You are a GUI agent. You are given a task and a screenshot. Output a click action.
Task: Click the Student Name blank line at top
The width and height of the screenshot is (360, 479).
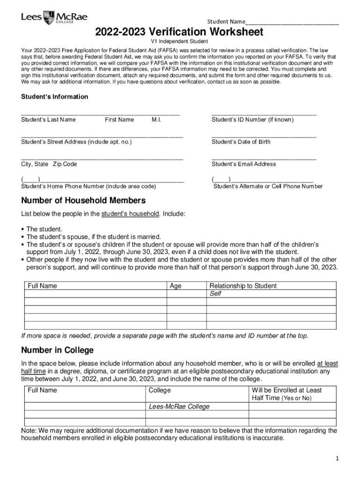point(292,22)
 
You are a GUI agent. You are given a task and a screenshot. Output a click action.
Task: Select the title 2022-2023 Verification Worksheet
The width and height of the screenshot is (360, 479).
point(180,32)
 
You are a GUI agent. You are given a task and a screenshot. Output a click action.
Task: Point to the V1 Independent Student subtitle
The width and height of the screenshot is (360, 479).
point(180,42)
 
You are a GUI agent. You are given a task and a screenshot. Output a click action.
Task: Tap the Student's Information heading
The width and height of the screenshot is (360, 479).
point(55,97)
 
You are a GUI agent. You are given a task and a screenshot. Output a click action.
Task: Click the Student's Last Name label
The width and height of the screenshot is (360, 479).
point(49,120)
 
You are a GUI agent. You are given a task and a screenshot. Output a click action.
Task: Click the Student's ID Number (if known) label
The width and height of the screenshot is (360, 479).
point(252,120)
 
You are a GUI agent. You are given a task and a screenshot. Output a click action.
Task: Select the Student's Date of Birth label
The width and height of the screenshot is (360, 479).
point(241,142)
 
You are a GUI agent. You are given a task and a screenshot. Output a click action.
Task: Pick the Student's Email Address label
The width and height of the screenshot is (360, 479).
point(244,164)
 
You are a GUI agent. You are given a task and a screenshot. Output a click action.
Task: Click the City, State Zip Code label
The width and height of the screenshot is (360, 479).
point(49,164)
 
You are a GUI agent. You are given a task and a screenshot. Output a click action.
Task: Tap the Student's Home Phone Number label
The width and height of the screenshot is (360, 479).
point(89,186)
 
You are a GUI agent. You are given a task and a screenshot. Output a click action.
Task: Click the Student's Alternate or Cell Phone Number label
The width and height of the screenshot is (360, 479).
point(268,186)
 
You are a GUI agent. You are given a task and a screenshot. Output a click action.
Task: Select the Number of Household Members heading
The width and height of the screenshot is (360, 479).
point(84,201)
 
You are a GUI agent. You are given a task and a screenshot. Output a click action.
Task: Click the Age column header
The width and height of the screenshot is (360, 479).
point(176,286)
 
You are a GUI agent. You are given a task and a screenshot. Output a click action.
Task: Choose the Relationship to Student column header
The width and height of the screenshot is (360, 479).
point(243,286)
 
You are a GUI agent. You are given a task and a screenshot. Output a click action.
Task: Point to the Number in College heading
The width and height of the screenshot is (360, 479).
point(58,350)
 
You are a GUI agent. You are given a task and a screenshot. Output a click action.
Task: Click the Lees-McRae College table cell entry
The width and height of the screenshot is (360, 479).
point(179,406)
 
